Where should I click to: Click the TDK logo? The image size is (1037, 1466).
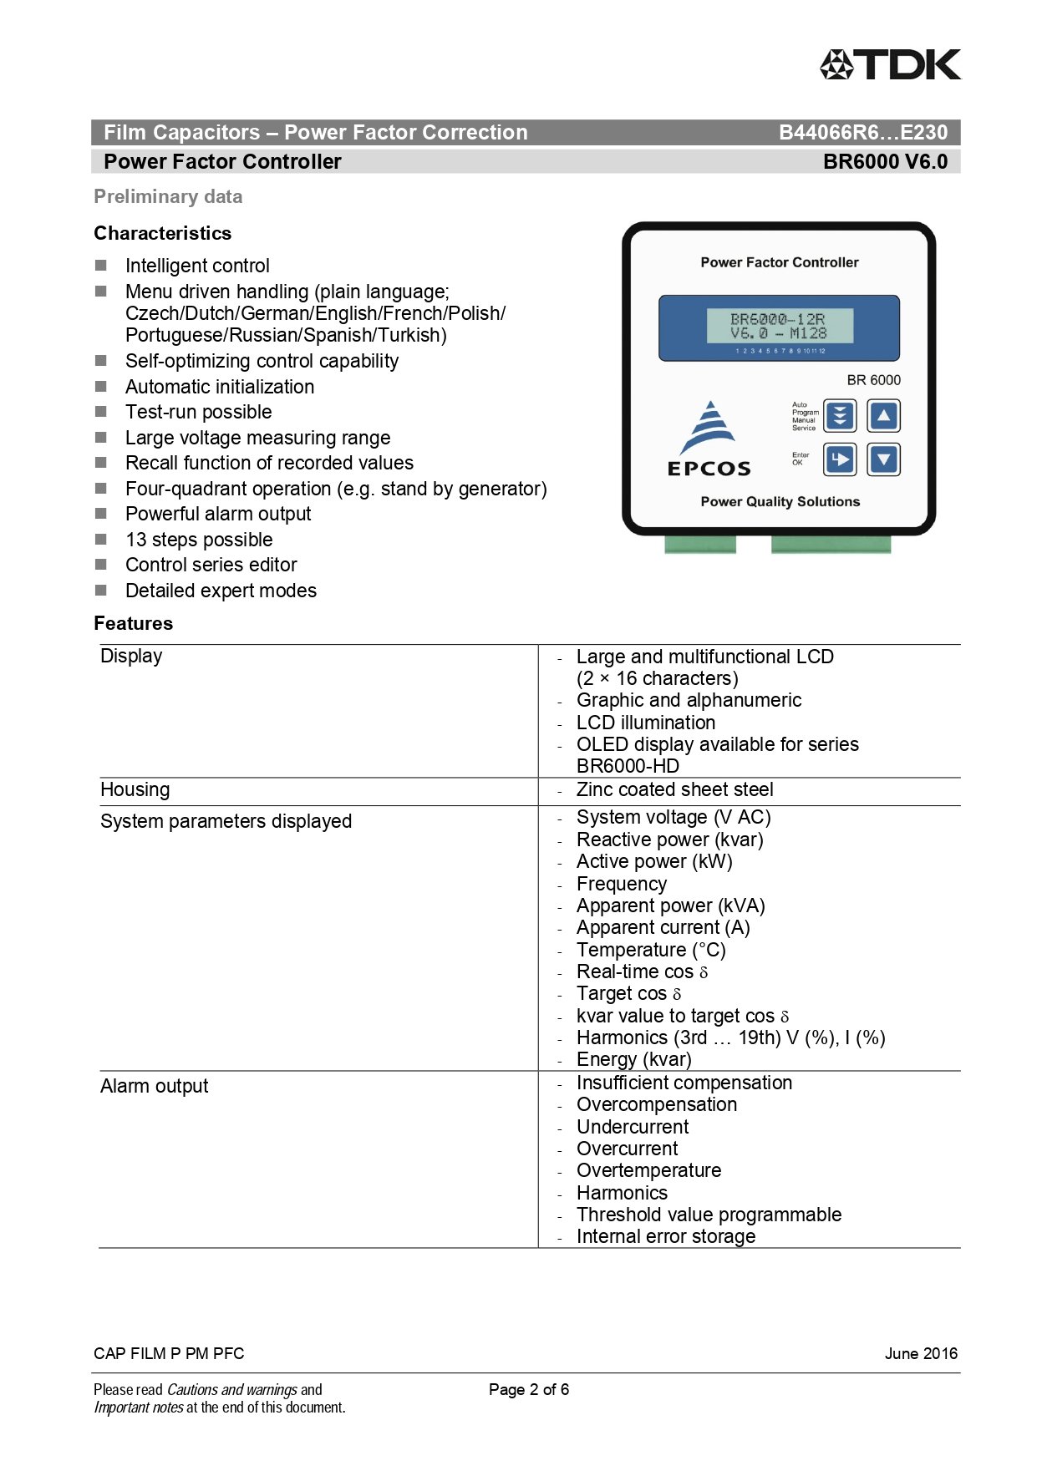tap(890, 64)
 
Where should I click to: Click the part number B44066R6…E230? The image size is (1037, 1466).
tap(862, 133)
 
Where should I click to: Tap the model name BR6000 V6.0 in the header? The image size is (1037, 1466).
tap(885, 162)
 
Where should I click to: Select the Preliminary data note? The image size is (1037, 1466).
tap(168, 197)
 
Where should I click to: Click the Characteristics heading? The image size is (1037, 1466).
tap(162, 233)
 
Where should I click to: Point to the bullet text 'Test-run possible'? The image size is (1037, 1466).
tap(198, 412)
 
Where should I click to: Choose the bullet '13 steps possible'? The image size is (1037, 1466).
tap(199, 540)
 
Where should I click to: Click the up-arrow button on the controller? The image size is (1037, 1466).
tap(883, 415)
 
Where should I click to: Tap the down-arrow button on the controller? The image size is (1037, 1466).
tap(883, 459)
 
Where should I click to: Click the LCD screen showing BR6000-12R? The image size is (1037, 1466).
tap(779, 327)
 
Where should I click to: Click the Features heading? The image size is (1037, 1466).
tap(133, 623)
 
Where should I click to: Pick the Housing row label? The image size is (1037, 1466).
tap(135, 789)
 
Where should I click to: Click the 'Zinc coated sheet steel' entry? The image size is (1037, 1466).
tap(674, 789)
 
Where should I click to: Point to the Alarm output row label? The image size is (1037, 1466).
tap(154, 1086)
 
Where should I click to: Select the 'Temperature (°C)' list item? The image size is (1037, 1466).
tap(651, 950)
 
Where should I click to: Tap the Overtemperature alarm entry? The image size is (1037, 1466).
tap(648, 1170)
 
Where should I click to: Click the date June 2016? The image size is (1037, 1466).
tap(921, 1353)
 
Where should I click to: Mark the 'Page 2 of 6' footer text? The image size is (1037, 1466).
tap(529, 1389)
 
